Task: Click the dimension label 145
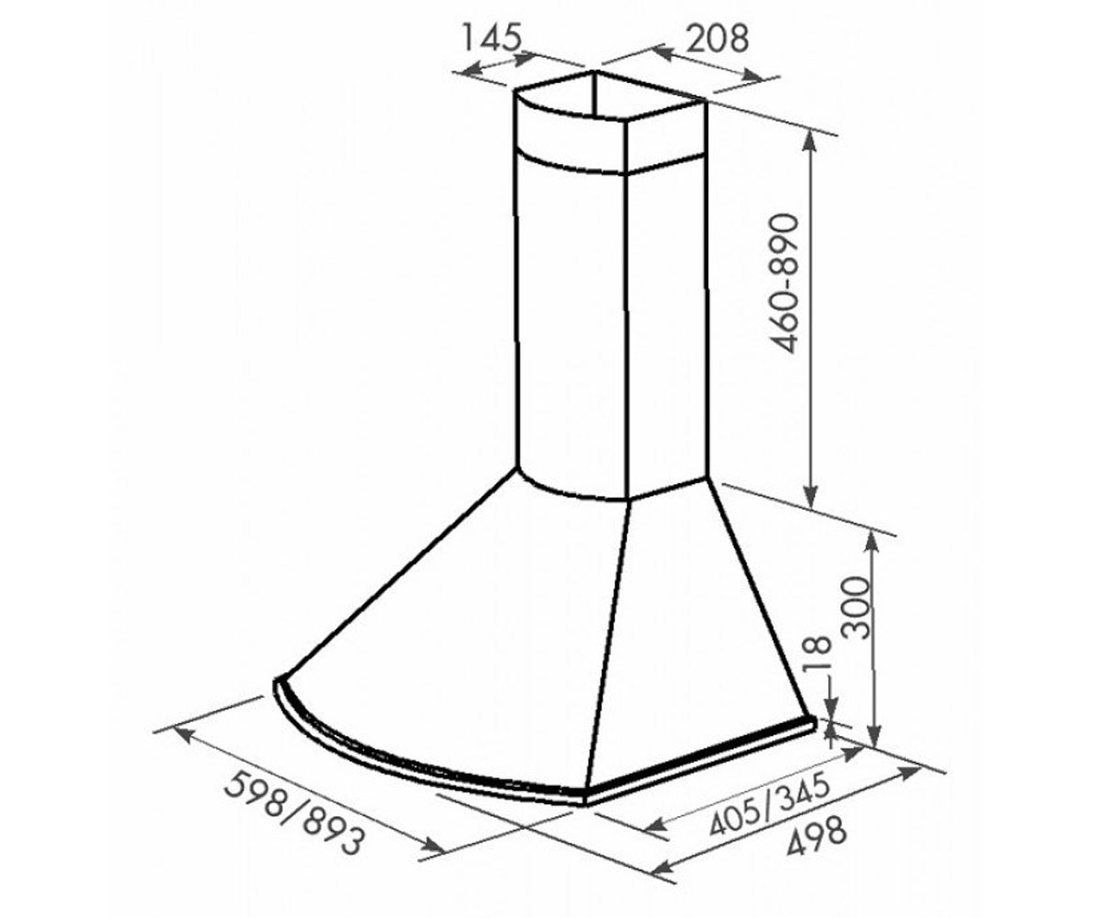(x=492, y=37)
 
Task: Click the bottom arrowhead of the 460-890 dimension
(x=811, y=497)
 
